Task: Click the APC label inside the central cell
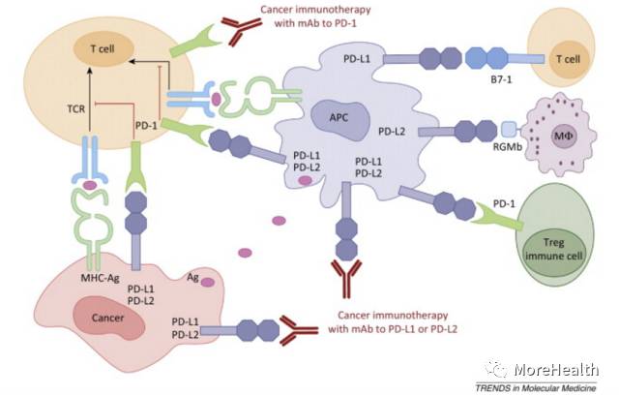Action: (337, 119)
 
